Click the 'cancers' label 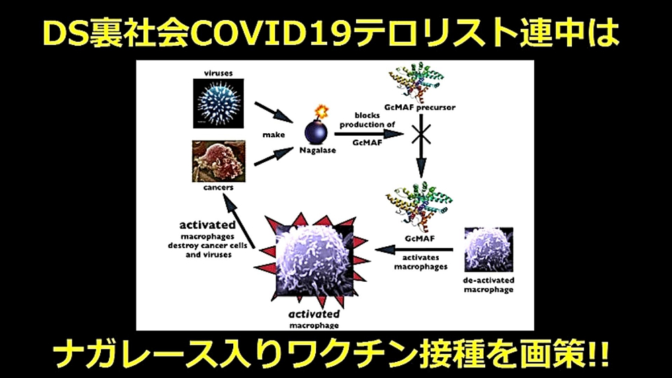coord(218,188)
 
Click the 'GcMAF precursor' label coord(422,108)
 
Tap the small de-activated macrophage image coord(489,250)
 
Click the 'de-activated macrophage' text coord(489,285)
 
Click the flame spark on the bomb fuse coord(322,109)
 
